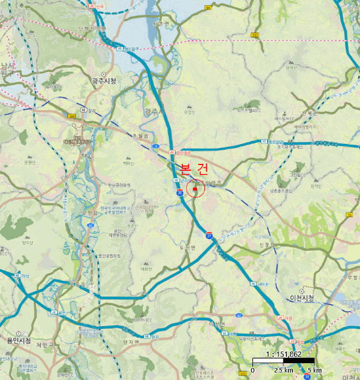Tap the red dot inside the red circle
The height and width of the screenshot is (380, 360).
(x=195, y=189)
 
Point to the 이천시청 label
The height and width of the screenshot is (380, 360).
(x=301, y=299)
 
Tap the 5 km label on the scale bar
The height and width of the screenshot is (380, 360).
(x=314, y=370)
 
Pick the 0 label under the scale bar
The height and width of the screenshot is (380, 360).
(x=253, y=370)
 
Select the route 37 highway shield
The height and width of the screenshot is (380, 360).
(x=209, y=236)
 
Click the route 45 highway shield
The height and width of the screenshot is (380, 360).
(x=91, y=226)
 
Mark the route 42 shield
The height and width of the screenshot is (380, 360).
(x=239, y=315)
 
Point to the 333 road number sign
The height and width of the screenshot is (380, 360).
(x=254, y=35)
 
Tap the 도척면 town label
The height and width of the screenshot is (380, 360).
(x=187, y=248)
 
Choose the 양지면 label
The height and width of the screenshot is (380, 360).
(x=131, y=342)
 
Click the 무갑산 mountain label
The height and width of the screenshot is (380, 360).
(x=189, y=112)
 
